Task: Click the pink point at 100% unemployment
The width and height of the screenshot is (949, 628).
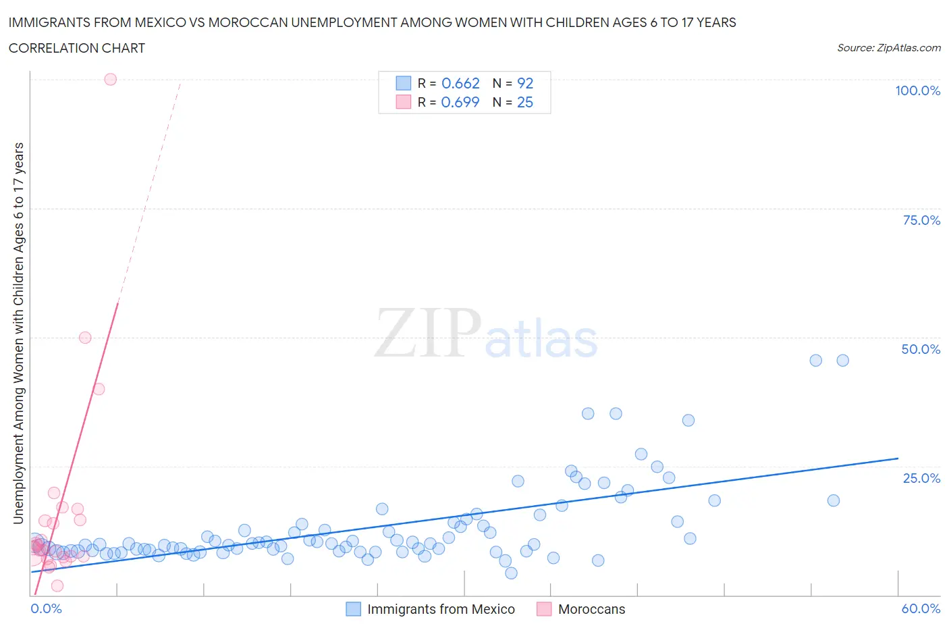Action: [111, 79]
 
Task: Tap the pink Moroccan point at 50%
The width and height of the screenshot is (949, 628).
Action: [85, 338]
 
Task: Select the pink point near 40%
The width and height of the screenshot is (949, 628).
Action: [99, 389]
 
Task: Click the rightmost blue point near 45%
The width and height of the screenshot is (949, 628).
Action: [842, 361]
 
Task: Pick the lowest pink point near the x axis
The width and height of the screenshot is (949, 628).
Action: [57, 585]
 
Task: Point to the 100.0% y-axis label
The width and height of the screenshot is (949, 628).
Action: [917, 91]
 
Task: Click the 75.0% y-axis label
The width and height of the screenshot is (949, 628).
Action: [921, 220]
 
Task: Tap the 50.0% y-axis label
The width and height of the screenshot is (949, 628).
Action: [921, 349]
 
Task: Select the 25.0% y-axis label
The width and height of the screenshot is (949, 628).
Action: [921, 478]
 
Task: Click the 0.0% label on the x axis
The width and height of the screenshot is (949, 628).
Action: [46, 608]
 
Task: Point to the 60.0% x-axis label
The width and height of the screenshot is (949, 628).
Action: [921, 608]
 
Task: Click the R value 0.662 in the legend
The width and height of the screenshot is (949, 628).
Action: [460, 83]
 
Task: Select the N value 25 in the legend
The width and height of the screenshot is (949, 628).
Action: [524, 102]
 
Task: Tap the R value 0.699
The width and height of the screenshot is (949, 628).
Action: [460, 102]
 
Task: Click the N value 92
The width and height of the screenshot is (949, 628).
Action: [525, 83]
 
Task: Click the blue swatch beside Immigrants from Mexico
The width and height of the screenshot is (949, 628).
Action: [354, 609]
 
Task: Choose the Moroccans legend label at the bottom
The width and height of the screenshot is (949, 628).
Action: [591, 609]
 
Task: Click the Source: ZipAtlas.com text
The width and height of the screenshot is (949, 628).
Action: [888, 47]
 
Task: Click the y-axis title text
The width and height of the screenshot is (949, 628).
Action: [18, 333]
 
